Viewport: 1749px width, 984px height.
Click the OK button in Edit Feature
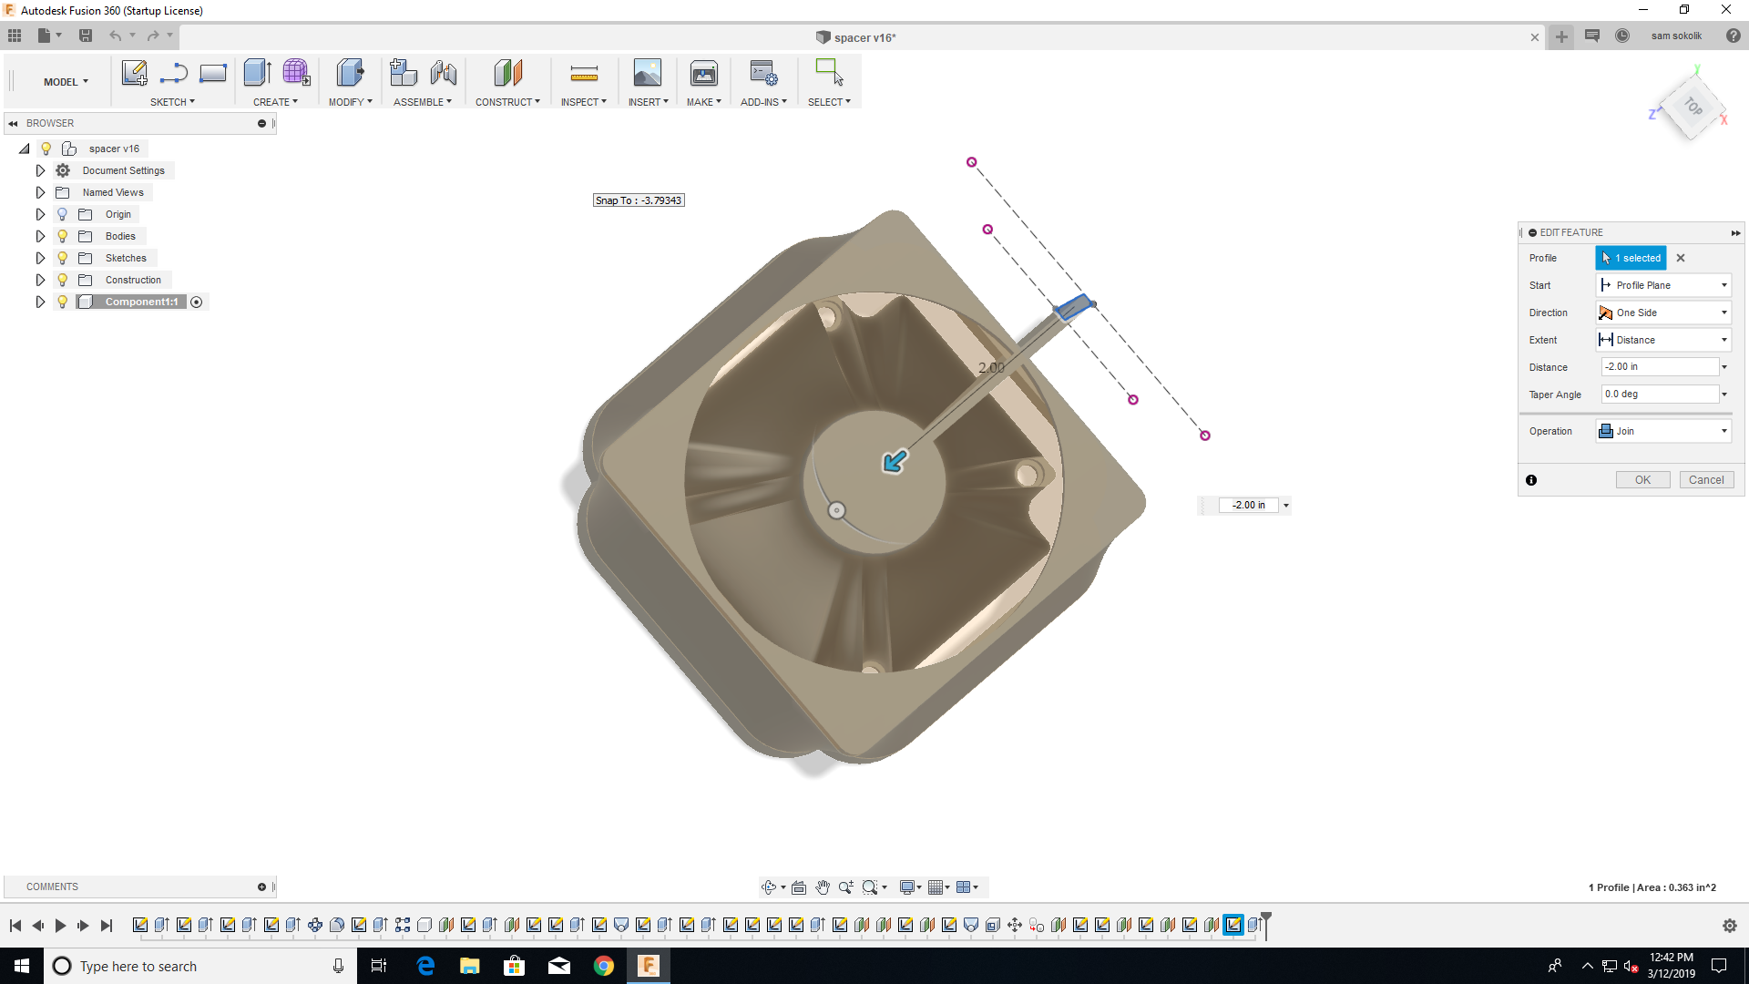pyautogui.click(x=1642, y=480)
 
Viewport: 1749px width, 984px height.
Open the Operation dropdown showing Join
pyautogui.click(x=1663, y=431)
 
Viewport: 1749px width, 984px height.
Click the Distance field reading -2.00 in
pyautogui.click(x=1659, y=366)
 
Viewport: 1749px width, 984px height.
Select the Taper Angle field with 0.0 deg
pyautogui.click(x=1659, y=394)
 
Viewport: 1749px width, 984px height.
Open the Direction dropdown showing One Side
pyautogui.click(x=1663, y=313)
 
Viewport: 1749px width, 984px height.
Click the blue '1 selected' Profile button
pyautogui.click(x=1631, y=258)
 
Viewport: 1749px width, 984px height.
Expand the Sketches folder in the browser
pyautogui.click(x=40, y=258)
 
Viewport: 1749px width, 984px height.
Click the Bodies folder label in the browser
pyautogui.click(x=120, y=236)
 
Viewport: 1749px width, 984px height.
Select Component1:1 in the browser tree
pyautogui.click(x=141, y=302)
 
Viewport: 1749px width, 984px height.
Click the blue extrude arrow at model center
pyautogui.click(x=895, y=461)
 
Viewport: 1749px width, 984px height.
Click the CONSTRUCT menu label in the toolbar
pyautogui.click(x=506, y=102)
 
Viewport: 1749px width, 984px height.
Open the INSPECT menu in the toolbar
pyautogui.click(x=583, y=102)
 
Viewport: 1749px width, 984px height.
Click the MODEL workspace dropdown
pyautogui.click(x=66, y=82)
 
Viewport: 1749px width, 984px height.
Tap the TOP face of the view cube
pyautogui.click(x=1692, y=107)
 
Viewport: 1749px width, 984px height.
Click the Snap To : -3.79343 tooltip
pyautogui.click(x=639, y=200)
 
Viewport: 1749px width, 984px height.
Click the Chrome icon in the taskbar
pyautogui.click(x=603, y=966)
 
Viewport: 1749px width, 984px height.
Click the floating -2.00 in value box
pyautogui.click(x=1248, y=505)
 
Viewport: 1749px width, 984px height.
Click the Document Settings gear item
pyautogui.click(x=123, y=170)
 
